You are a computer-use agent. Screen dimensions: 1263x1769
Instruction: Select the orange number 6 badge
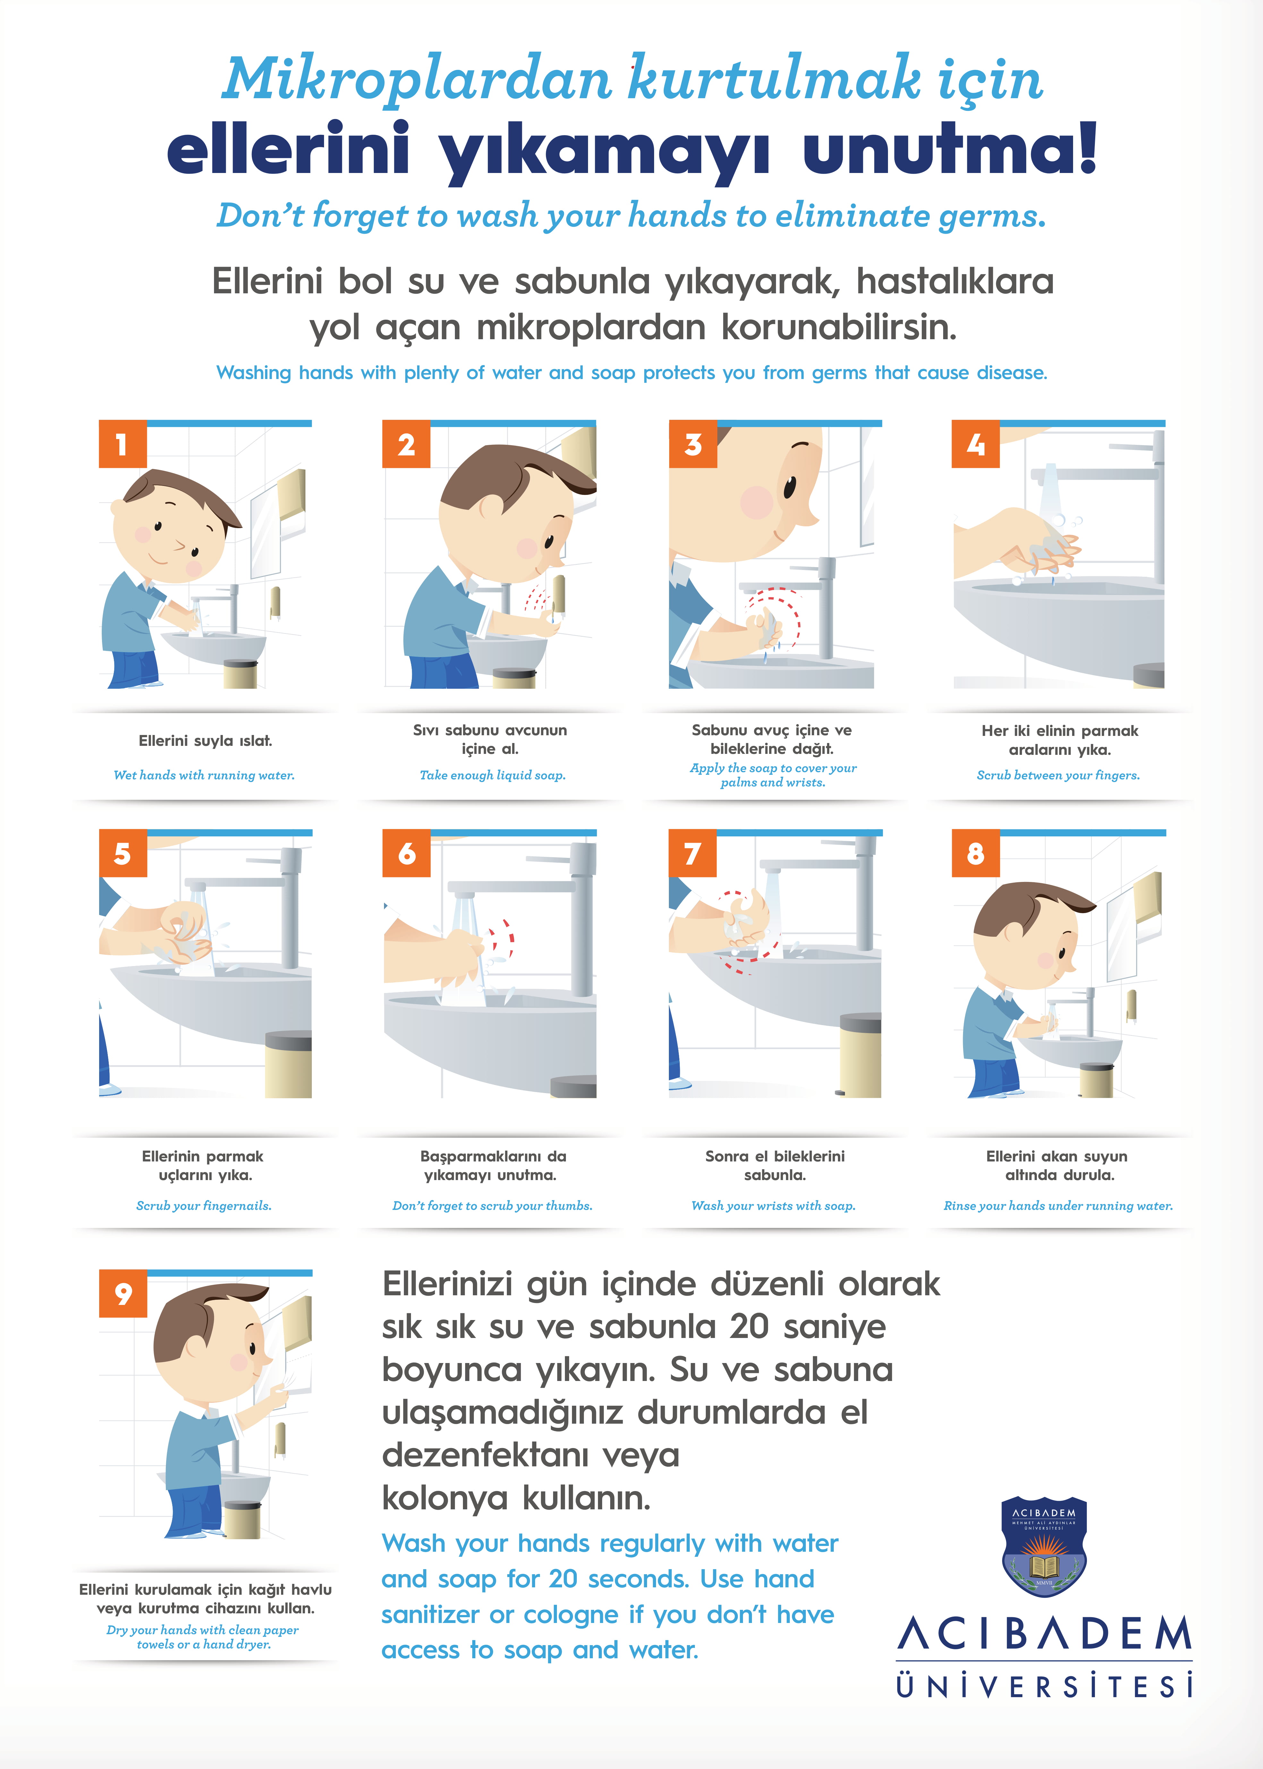406,853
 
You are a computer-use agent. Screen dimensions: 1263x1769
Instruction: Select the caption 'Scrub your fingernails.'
204,1206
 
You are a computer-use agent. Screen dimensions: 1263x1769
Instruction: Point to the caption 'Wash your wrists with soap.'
773,1206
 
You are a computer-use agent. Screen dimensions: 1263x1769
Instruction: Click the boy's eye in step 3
790,487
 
